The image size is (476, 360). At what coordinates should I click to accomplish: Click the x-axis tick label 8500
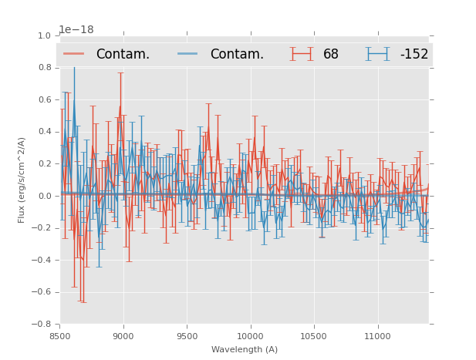[60, 336]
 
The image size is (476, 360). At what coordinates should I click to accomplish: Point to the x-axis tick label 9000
[123, 336]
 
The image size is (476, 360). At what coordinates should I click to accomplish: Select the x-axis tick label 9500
[187, 336]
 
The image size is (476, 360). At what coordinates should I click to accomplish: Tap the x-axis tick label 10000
[250, 336]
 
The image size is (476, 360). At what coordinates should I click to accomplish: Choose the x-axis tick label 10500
[314, 336]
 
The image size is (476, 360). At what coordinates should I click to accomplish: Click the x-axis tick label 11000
[377, 336]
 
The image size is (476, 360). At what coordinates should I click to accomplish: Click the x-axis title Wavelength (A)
[245, 349]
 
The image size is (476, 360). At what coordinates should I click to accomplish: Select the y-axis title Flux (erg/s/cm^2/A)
[22, 180]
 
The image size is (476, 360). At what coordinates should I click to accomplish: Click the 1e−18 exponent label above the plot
[76, 29]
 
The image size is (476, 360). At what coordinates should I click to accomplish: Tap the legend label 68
[331, 54]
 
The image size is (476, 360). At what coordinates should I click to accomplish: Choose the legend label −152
[414, 54]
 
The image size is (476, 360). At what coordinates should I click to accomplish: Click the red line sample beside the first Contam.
[74, 53]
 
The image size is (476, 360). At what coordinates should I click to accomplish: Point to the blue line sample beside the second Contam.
[187, 53]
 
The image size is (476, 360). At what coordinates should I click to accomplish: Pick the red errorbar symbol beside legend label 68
[302, 53]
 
